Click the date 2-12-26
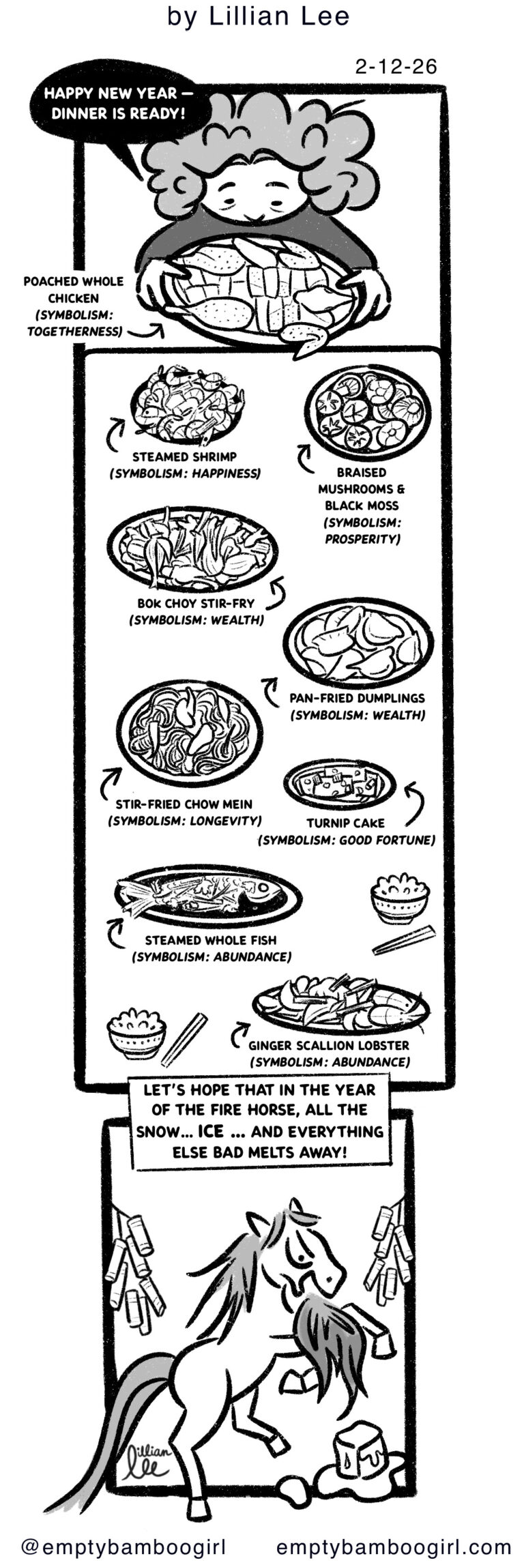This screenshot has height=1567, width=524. coord(395,67)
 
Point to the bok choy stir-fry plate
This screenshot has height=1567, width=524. coord(192,549)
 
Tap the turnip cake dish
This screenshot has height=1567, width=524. coord(339,785)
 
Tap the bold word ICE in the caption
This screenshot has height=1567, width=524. coord(210,1131)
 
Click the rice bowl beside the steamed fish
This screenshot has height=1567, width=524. coord(399,896)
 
